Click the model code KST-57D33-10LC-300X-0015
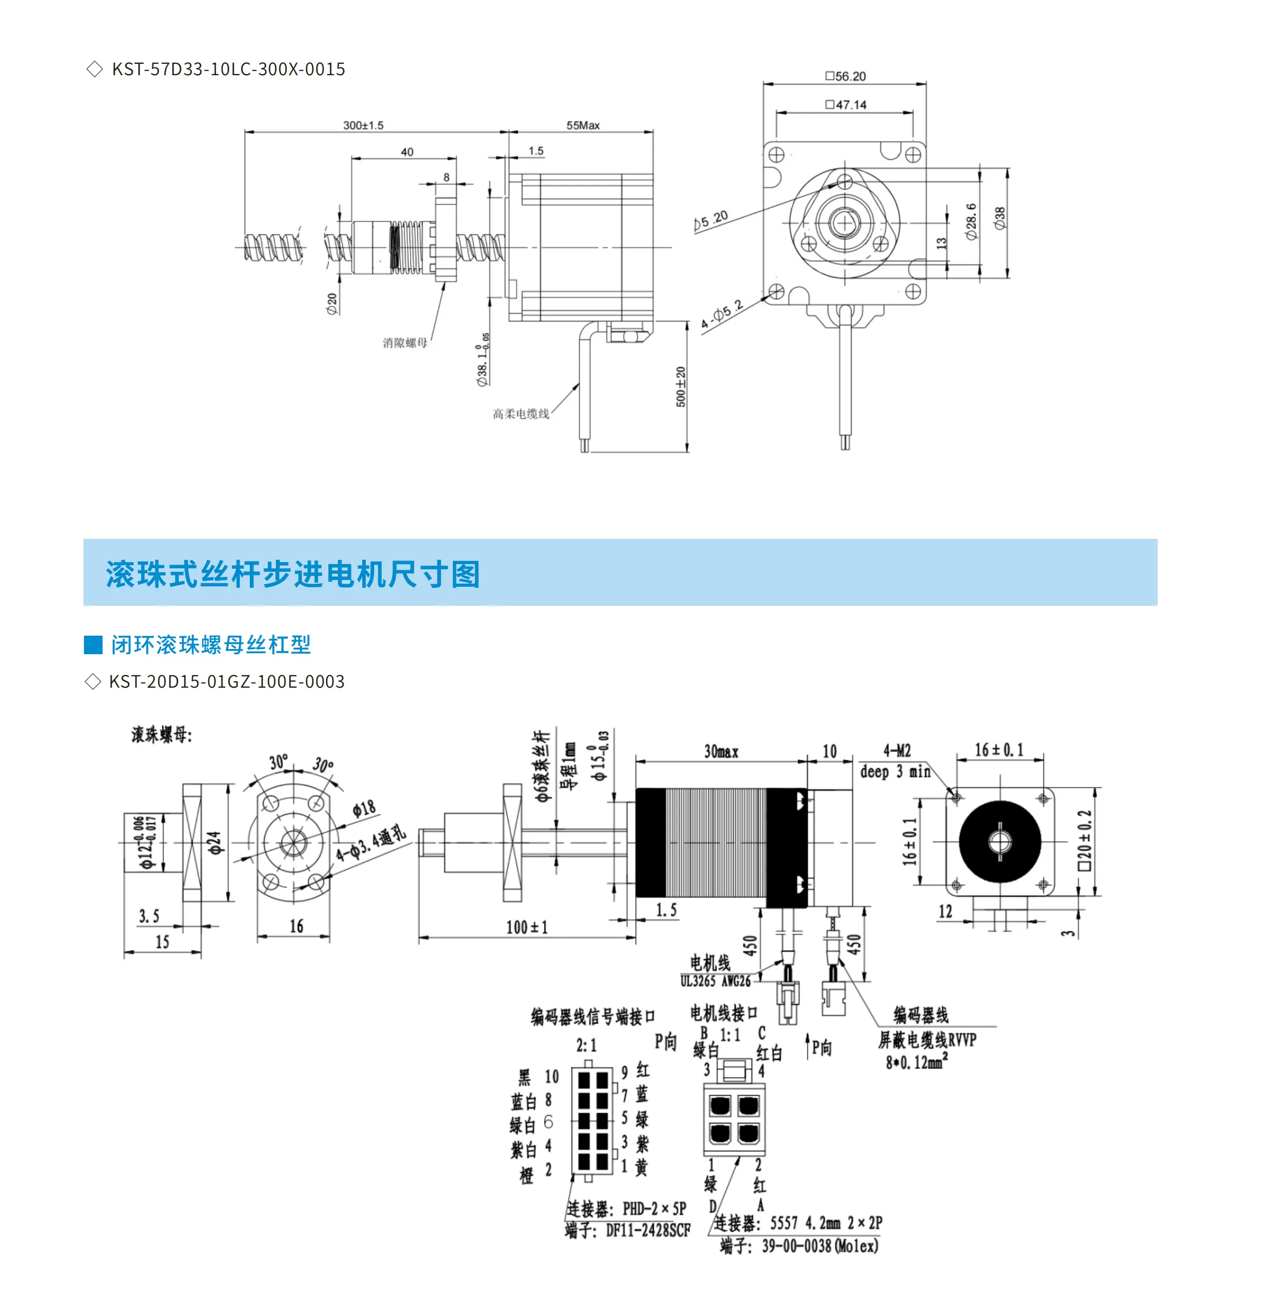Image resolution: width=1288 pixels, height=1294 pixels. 228,69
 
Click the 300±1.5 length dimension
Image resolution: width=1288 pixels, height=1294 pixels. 363,125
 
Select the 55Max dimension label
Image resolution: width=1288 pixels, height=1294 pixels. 583,125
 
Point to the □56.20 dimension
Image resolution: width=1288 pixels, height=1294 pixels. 845,76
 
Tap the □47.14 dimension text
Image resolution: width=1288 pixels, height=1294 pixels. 846,105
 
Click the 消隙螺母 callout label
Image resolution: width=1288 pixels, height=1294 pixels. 404,343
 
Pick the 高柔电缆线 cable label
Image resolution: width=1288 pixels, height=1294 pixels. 520,414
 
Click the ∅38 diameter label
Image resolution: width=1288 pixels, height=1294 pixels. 1000,218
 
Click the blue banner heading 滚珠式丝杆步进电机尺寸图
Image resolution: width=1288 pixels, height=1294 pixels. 293,574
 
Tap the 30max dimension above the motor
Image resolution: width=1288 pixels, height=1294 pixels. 721,752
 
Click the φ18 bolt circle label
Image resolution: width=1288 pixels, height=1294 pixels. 364,809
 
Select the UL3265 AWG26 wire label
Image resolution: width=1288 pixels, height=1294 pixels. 715,981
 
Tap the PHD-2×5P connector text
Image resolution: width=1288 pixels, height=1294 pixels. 654,1209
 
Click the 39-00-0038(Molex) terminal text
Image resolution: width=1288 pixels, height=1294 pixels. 820,1246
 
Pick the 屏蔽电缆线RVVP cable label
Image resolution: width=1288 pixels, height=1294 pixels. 927,1040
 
